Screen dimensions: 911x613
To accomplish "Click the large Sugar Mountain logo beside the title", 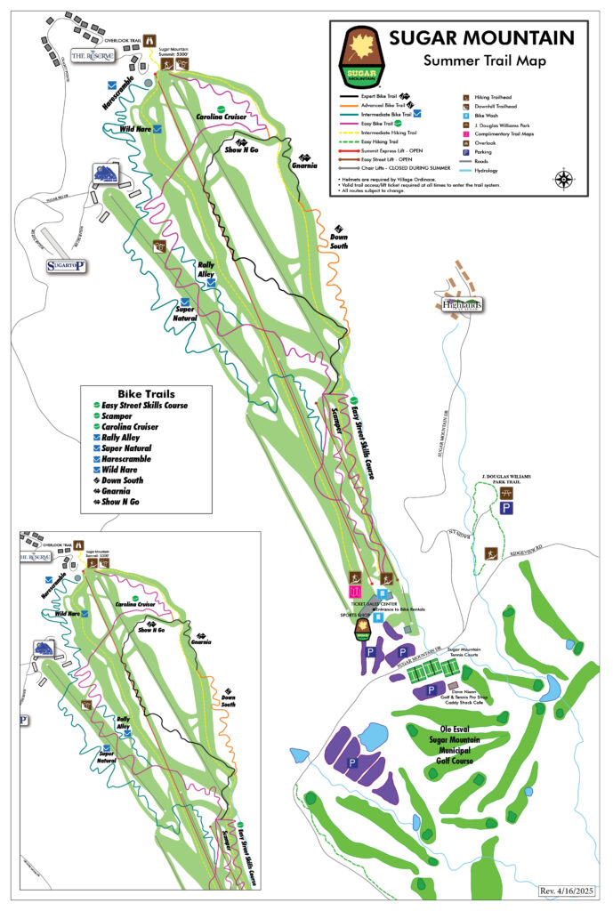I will coord(361,56).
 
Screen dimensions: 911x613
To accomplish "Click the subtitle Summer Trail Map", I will coord(486,60).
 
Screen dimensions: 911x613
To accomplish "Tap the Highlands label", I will coord(462,305).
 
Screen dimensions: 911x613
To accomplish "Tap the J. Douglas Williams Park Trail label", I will coord(505,480).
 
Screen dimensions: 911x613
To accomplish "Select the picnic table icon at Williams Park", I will coord(506,492).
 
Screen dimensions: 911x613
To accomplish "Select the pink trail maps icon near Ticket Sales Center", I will coord(355,590).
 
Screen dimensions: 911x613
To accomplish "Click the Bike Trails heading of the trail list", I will coord(146,393).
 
